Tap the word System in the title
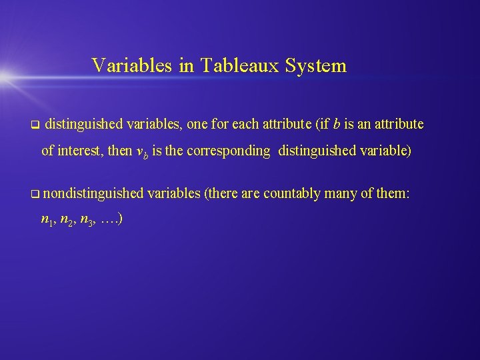point(316,66)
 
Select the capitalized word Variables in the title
point(133,65)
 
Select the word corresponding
point(229,151)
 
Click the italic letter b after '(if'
point(337,123)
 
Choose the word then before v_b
point(120,151)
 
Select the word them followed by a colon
point(393,193)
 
